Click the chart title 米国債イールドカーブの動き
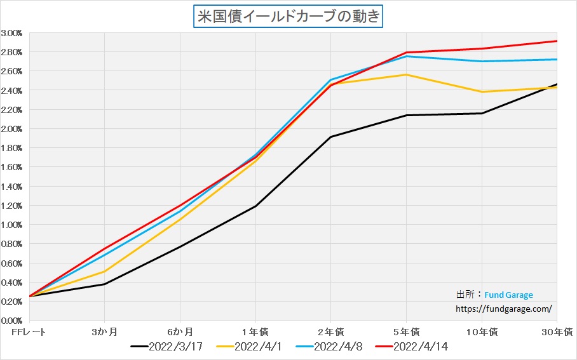click(288, 15)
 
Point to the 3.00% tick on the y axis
click(12, 33)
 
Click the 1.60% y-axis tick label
click(12, 167)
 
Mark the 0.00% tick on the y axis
click(12, 321)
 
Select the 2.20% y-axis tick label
click(12, 110)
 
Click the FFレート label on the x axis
click(29, 332)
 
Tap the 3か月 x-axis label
click(104, 332)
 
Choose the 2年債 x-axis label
click(330, 332)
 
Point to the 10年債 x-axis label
click(481, 332)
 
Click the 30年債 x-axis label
click(559, 332)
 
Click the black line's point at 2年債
click(330, 137)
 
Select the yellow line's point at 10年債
click(482, 92)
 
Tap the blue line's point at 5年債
click(406, 57)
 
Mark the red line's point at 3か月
click(104, 248)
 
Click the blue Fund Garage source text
click(508, 295)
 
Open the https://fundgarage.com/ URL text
click(504, 309)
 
